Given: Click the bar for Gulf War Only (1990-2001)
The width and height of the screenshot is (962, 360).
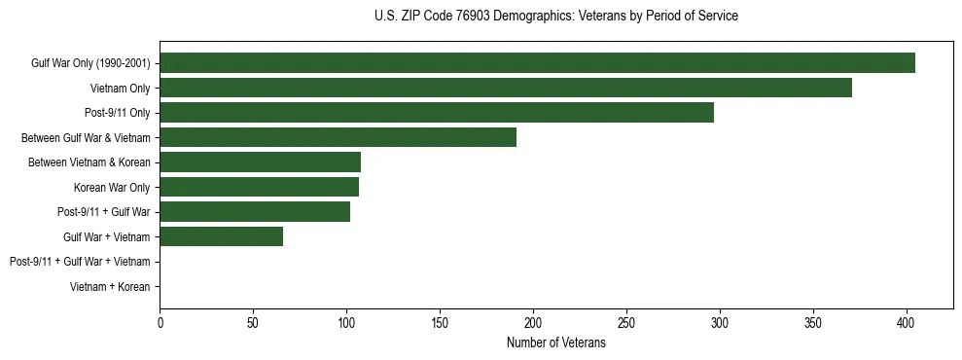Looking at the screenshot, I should pyautogui.click(x=537, y=63).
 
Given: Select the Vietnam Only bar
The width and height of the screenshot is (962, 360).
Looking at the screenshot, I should pyautogui.click(x=506, y=88).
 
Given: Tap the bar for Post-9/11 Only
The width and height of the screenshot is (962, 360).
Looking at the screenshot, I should pyautogui.click(x=437, y=113).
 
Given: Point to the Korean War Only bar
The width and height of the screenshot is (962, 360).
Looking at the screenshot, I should pyautogui.click(x=259, y=187).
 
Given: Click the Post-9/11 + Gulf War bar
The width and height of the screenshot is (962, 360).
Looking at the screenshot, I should pyautogui.click(x=255, y=211).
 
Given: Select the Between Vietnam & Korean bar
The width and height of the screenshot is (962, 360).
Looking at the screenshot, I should pyautogui.click(x=260, y=162).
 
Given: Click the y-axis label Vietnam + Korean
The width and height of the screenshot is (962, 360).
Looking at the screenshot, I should pyautogui.click(x=110, y=287).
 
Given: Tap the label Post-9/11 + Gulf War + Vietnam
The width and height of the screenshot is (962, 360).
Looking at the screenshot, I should pyautogui.click(x=80, y=262).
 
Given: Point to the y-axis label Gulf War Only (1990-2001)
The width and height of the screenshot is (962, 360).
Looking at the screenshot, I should pyautogui.click(x=90, y=63).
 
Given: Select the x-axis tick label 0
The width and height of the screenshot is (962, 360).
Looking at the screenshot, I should pyautogui.click(x=160, y=322).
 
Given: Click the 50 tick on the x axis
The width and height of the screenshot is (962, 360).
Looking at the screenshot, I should pyautogui.click(x=253, y=322).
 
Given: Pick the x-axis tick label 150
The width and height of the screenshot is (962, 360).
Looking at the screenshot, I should pyautogui.click(x=440, y=322).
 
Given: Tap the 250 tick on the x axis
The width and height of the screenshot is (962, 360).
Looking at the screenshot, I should pyautogui.click(x=626, y=322).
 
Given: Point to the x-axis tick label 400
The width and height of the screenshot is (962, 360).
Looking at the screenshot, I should pyautogui.click(x=907, y=322).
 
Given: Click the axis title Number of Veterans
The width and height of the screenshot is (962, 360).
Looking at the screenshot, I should pyautogui.click(x=555, y=343).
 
